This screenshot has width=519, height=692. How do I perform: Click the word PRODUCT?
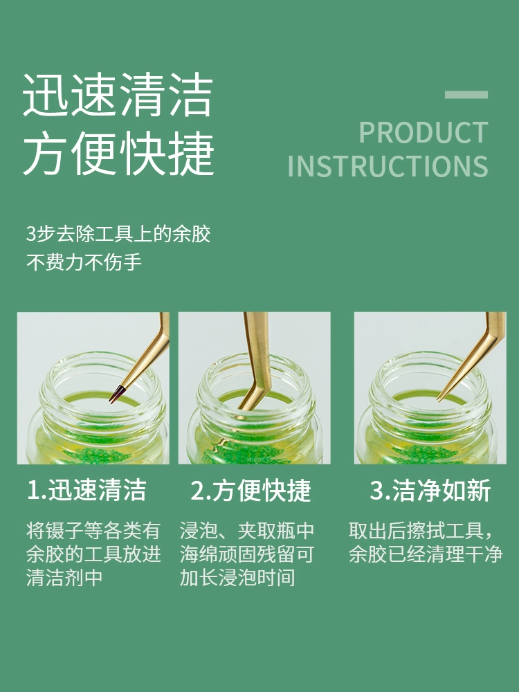pyautogui.click(x=424, y=132)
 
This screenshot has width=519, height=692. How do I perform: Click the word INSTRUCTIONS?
pyautogui.click(x=388, y=166)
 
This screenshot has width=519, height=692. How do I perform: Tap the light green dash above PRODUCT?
pyautogui.click(x=466, y=94)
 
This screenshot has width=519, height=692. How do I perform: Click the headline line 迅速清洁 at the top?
pyautogui.click(x=118, y=95)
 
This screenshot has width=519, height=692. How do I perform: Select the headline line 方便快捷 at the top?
pyautogui.click(x=118, y=153)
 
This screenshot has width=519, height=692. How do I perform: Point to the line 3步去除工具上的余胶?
pyautogui.click(x=118, y=233)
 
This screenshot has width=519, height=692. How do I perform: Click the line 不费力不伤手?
pyautogui.click(x=84, y=262)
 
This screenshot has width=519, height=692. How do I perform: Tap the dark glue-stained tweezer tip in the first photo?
pyautogui.click(x=116, y=394)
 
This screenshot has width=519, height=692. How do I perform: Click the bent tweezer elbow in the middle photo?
pyautogui.click(x=256, y=389)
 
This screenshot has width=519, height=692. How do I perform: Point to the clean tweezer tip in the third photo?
pyautogui.click(x=439, y=399)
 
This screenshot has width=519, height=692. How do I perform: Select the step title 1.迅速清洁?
pyautogui.click(x=86, y=490)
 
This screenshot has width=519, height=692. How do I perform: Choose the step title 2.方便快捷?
pyautogui.click(x=251, y=490)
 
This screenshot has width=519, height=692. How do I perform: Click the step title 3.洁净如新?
pyautogui.click(x=430, y=490)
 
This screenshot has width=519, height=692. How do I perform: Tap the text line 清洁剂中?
pyautogui.click(x=64, y=577)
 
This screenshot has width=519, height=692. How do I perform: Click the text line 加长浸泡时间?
pyautogui.click(x=237, y=577)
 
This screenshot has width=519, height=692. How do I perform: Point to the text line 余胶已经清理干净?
pyautogui.click(x=426, y=554)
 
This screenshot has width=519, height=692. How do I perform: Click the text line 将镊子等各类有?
pyautogui.click(x=93, y=530)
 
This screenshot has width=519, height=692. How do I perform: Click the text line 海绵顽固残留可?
pyautogui.click(x=247, y=554)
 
